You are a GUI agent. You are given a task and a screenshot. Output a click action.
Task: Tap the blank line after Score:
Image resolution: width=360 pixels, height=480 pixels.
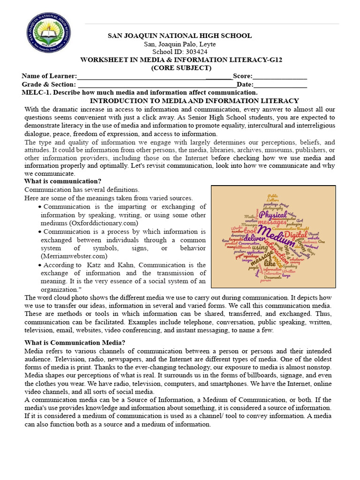coord(280,76)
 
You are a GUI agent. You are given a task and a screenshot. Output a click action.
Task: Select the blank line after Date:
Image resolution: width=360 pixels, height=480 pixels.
coord(280,85)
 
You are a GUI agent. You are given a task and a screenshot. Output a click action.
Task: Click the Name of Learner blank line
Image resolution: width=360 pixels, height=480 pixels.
coord(155,76)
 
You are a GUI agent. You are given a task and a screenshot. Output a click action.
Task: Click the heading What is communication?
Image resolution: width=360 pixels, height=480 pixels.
coord(63,181)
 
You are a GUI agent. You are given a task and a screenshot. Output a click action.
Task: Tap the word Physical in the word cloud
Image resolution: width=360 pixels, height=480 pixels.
coord(274,214)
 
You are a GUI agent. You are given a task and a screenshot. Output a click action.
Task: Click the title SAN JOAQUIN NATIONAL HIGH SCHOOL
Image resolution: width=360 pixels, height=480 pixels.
coord(180,36)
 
